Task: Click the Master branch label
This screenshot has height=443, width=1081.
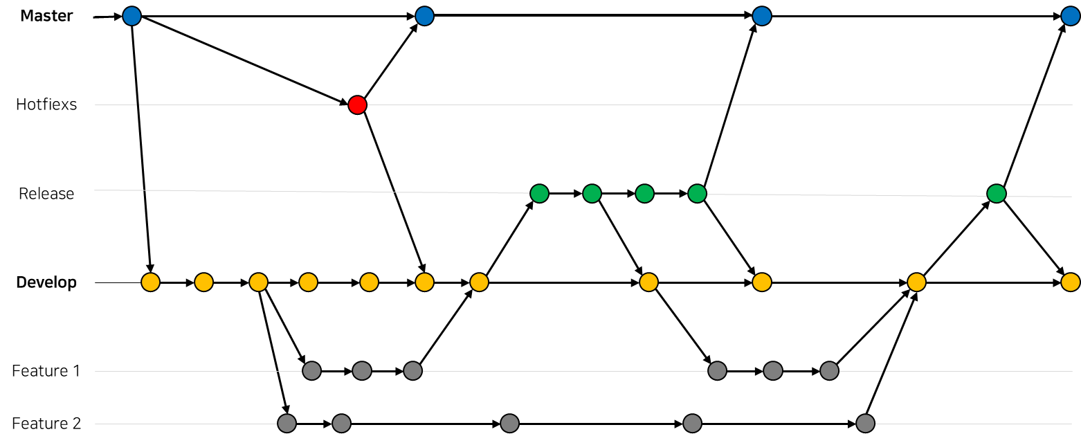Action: (46, 16)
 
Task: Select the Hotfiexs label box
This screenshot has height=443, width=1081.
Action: (46, 105)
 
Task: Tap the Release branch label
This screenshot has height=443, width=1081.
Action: (46, 194)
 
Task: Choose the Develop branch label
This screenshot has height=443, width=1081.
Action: (46, 282)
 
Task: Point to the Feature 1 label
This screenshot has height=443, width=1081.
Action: (46, 371)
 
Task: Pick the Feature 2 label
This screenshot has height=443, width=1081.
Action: (46, 424)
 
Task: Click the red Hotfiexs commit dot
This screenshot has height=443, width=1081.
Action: (357, 105)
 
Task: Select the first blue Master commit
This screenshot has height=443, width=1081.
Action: (131, 16)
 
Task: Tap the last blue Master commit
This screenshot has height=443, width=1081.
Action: (1070, 16)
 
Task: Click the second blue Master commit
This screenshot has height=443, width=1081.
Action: (424, 16)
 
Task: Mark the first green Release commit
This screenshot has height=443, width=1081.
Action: (539, 194)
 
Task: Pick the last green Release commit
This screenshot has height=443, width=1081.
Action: (996, 194)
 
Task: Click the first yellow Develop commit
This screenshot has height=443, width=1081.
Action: (150, 282)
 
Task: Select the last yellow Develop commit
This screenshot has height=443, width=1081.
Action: (1070, 282)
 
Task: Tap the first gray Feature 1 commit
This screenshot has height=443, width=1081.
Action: (311, 371)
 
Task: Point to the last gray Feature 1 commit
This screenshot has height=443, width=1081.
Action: (829, 371)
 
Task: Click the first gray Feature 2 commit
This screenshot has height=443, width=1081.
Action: (287, 424)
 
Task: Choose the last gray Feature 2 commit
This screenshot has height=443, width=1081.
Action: (865, 424)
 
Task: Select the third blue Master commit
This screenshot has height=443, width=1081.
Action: (761, 16)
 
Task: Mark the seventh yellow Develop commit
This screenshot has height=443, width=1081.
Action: (479, 282)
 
